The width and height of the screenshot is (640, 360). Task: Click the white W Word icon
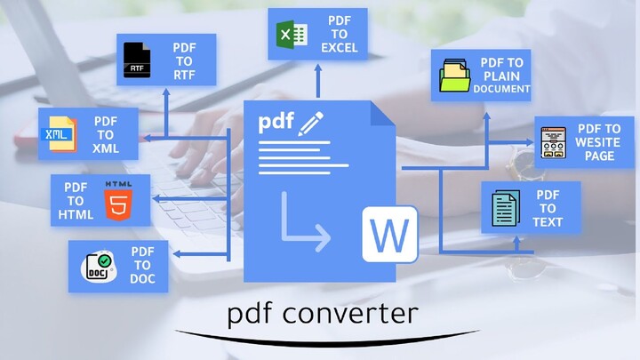pyautogui.click(x=389, y=234)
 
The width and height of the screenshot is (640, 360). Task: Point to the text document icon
pyautogui.click(x=504, y=207)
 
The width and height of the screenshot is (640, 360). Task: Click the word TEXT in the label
pyautogui.click(x=548, y=221)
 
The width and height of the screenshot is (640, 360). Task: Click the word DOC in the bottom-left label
pyautogui.click(x=143, y=279)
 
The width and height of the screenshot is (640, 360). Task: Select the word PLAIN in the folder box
pyautogui.click(x=502, y=76)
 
